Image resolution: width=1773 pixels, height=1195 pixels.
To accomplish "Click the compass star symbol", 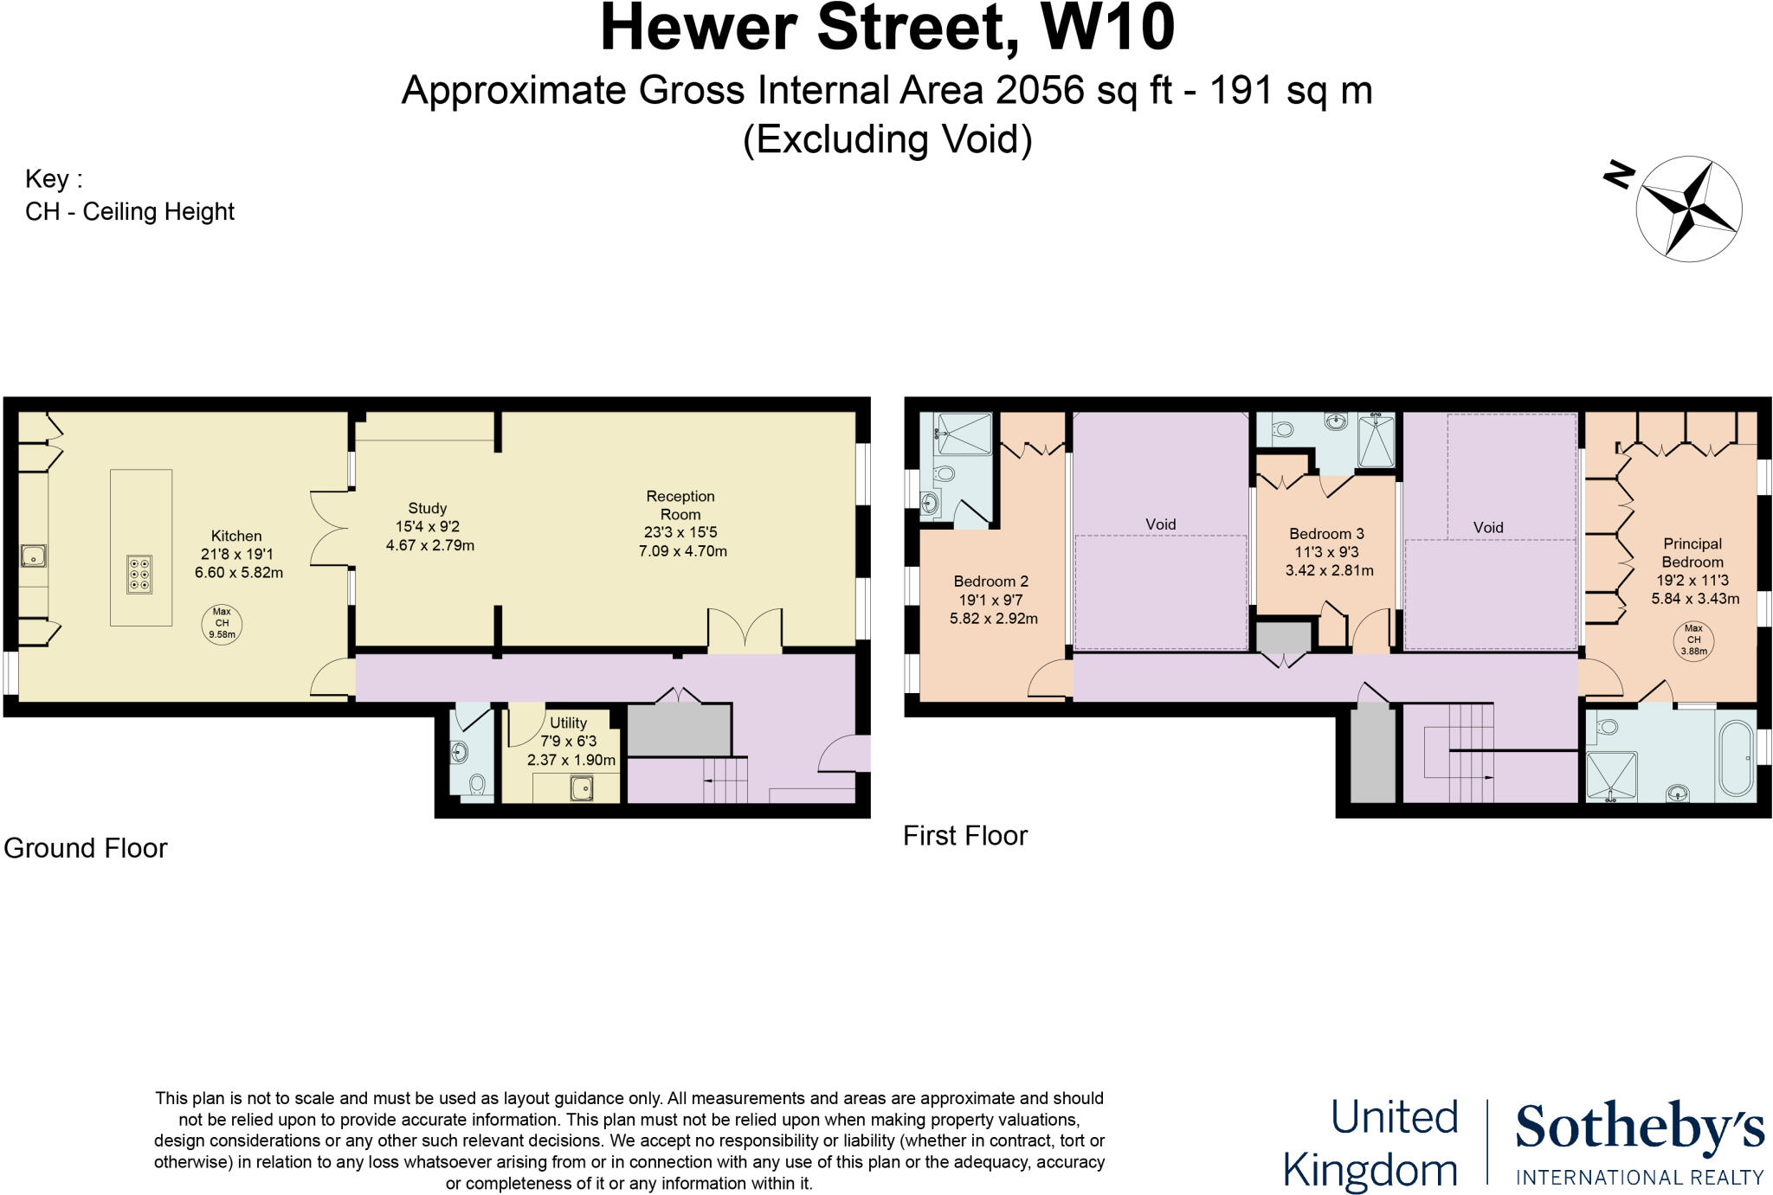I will [1688, 208].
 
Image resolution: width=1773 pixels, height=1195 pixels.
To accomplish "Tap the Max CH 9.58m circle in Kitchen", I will [222, 623].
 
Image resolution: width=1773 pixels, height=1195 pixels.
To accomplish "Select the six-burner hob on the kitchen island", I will [139, 575].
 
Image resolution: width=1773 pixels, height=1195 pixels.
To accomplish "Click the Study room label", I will [428, 509].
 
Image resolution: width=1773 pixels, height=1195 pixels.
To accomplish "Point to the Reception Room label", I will [680, 505].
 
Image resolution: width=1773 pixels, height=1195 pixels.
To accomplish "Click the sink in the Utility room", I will [581, 788].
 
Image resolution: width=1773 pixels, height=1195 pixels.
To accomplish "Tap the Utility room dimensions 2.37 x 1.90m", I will [571, 761].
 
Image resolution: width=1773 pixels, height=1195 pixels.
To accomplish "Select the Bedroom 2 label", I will [990, 581].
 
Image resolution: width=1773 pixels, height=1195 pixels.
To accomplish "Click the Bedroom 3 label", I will [1326, 534].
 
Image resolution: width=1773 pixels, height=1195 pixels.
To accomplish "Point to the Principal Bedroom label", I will [1692, 553].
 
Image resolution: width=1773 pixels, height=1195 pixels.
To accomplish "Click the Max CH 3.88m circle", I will [1693, 641].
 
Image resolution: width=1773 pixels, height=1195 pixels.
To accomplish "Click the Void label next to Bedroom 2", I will [1160, 524].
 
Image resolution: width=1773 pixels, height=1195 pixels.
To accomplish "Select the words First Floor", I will [964, 836].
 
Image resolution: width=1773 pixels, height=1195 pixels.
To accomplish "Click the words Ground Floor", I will [86, 848].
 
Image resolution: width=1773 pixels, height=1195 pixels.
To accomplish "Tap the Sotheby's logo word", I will [1639, 1128].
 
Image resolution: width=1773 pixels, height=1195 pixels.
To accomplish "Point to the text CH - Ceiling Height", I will [130, 212].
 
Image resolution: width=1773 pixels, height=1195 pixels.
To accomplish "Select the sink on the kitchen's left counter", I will [34, 556].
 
